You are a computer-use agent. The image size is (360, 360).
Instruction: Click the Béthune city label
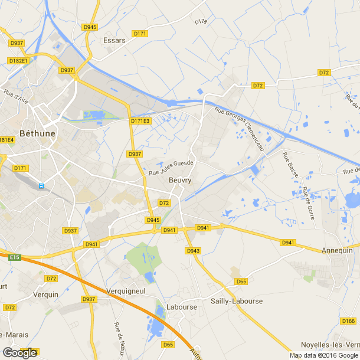click(x=38, y=133)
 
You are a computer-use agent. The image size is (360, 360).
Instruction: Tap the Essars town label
click(x=114, y=40)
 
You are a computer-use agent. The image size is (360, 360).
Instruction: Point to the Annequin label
click(x=338, y=250)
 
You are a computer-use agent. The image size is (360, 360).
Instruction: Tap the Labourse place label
click(x=181, y=307)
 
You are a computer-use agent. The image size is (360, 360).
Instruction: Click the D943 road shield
click(x=193, y=251)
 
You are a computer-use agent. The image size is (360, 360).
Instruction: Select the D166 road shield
click(x=348, y=321)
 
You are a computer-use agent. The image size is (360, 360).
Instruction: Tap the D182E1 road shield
click(x=18, y=60)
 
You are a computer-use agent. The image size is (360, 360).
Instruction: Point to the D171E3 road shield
click(x=140, y=121)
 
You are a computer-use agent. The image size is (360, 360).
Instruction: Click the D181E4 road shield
click(x=6, y=140)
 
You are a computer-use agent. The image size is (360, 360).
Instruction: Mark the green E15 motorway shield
click(x=14, y=257)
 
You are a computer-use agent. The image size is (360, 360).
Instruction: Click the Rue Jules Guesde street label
click(x=171, y=168)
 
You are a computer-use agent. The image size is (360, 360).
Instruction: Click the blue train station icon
click(x=41, y=186)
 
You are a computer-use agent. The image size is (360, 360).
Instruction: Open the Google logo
click(x=19, y=352)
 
